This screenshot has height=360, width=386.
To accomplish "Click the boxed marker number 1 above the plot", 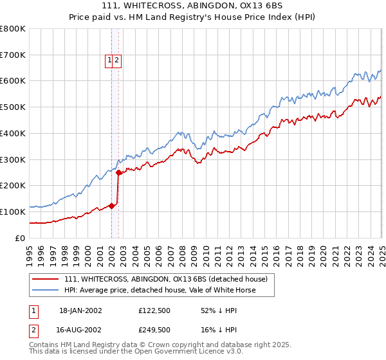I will (110, 60).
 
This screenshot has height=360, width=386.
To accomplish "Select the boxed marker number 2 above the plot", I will (118, 60).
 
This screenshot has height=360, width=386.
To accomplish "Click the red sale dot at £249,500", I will (118, 172).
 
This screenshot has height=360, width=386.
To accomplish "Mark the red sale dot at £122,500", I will (111, 206).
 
